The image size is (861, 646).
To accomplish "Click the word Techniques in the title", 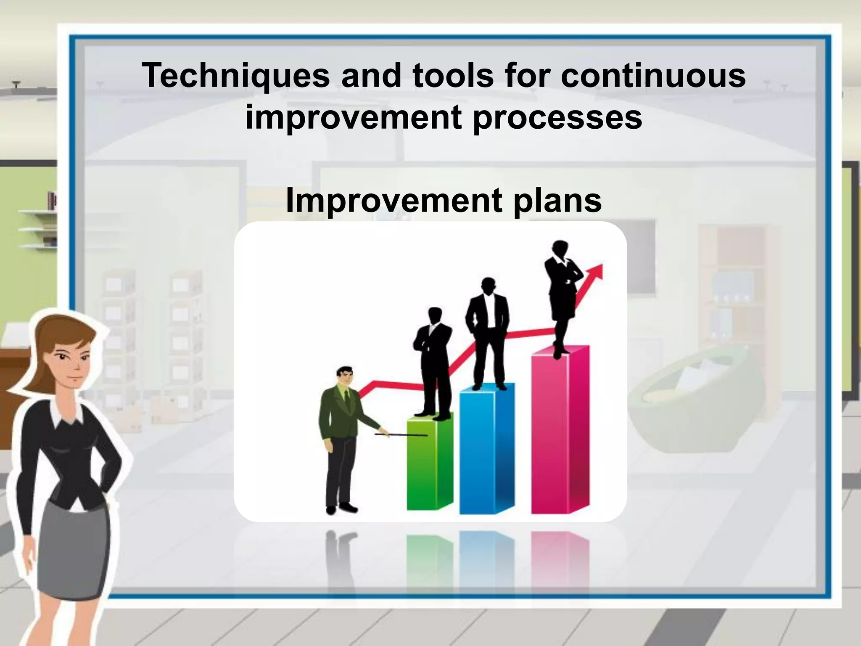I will click(236, 76).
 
